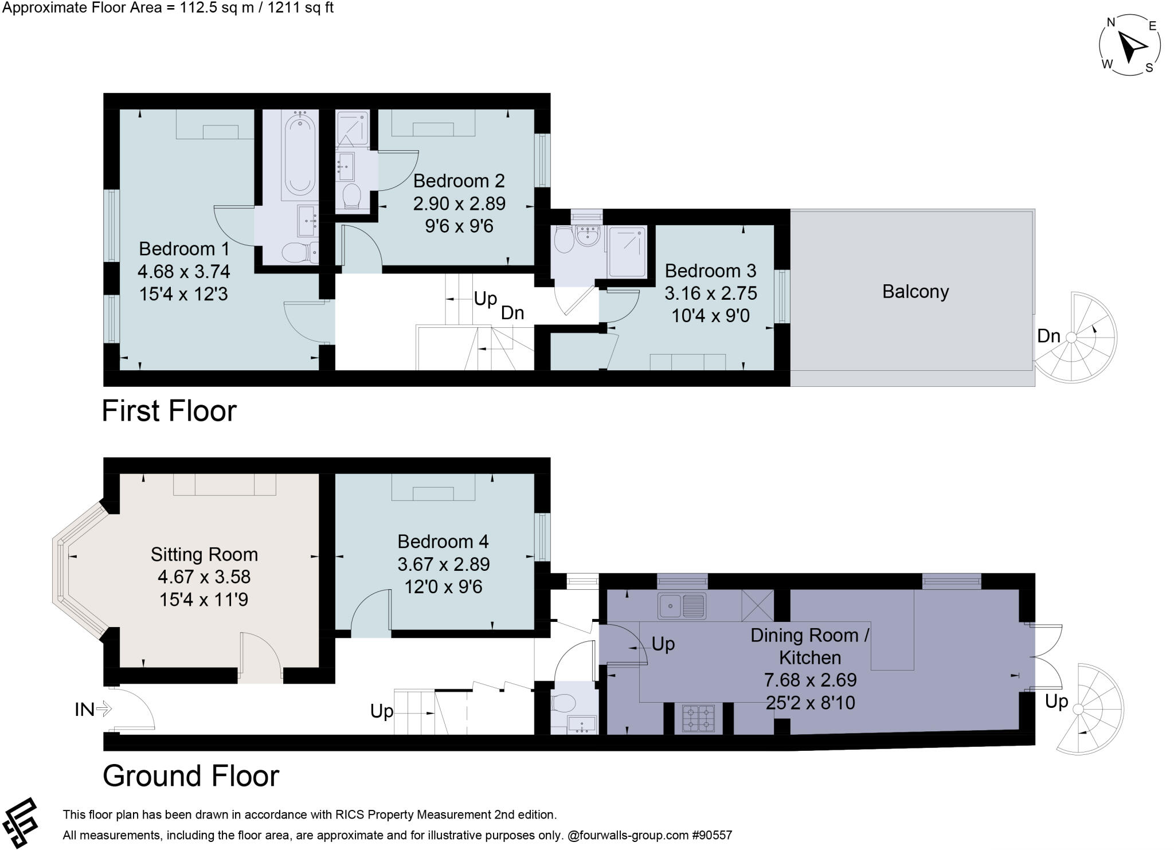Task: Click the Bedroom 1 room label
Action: click(184, 249)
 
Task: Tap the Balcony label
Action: click(915, 292)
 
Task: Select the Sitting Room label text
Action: click(204, 554)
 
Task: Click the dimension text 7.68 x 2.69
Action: click(810, 680)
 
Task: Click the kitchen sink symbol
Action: click(682, 606)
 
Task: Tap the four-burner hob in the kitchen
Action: click(699, 718)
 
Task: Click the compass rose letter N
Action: click(1110, 22)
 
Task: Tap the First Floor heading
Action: click(169, 411)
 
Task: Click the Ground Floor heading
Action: click(190, 776)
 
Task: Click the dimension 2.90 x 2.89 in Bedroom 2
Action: click(459, 203)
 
